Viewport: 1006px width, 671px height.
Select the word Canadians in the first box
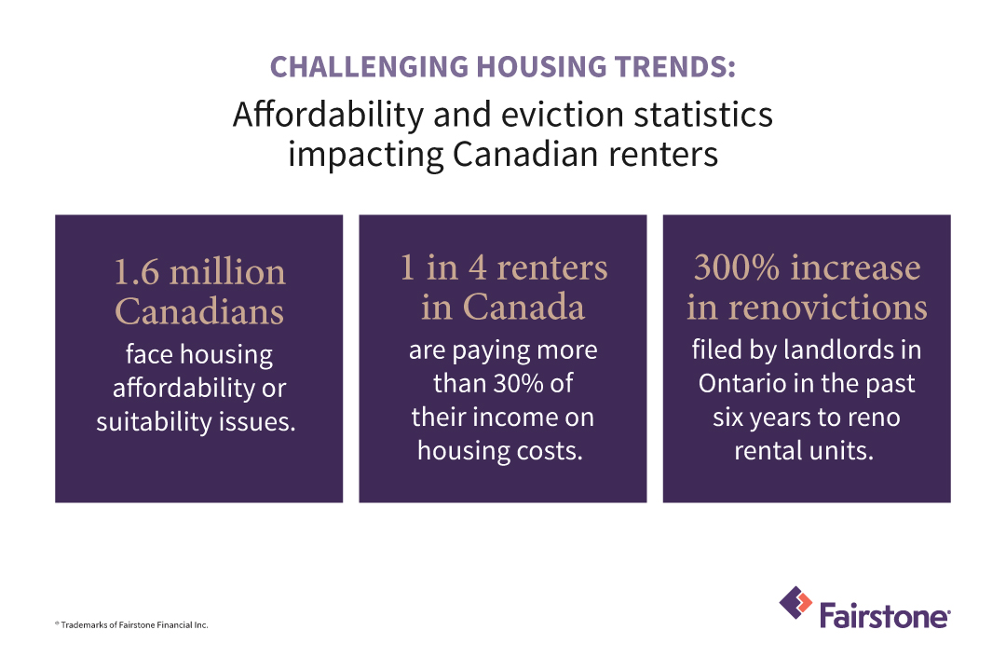pyautogui.click(x=198, y=312)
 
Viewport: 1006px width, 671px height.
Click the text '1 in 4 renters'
pyautogui.click(x=503, y=268)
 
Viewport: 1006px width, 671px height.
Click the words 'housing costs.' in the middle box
pyautogui.click(x=503, y=450)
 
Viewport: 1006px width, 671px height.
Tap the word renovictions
pyautogui.click(x=807, y=308)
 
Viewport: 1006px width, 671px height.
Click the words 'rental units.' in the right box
pyautogui.click(x=807, y=450)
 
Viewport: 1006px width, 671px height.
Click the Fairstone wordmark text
pyautogui.click(x=884, y=616)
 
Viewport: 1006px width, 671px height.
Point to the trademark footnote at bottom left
pyautogui.click(x=130, y=624)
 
